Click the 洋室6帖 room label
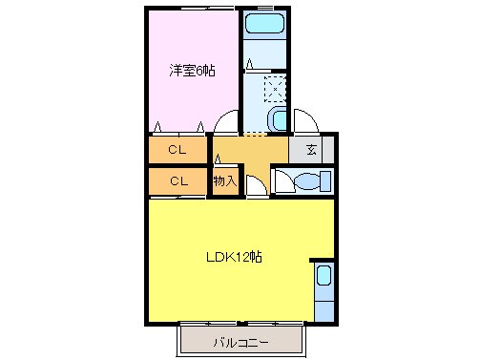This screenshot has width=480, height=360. [191, 71]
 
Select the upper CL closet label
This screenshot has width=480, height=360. [177, 149]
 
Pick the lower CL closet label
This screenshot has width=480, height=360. [177, 180]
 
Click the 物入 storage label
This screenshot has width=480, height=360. [224, 180]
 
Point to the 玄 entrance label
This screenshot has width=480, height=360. [311, 149]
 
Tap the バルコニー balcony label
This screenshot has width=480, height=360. [240, 341]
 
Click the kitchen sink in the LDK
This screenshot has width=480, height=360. [323, 278]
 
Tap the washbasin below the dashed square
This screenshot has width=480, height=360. [277, 119]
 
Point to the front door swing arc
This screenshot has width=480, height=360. [307, 122]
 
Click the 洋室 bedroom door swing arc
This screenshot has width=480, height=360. [227, 123]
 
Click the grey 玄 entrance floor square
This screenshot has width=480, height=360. [312, 149]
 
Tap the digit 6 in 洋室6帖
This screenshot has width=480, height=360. [200, 71]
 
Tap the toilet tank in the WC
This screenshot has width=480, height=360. [324, 180]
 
